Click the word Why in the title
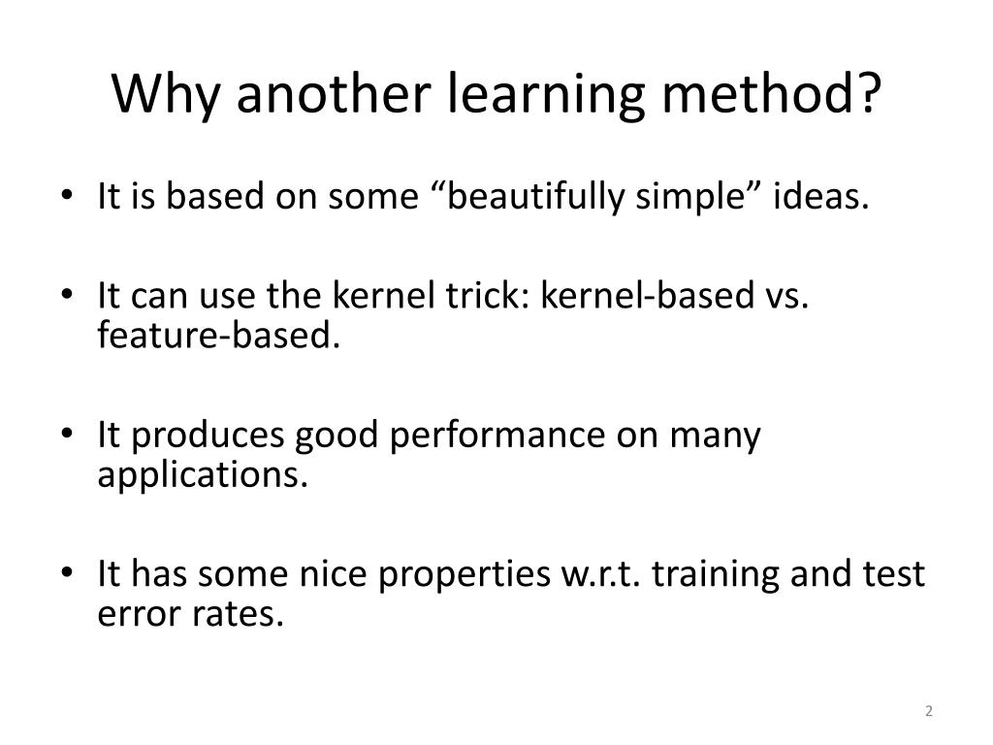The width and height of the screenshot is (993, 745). click(166, 94)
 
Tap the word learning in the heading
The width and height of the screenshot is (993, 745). click(546, 94)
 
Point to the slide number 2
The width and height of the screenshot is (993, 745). click(928, 711)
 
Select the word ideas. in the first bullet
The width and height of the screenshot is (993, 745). click(820, 196)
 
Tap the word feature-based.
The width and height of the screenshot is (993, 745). click(219, 335)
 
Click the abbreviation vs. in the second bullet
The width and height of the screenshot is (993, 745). click(787, 297)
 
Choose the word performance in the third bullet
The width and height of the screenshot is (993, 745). click(497, 437)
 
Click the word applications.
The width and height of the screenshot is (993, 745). click(203, 475)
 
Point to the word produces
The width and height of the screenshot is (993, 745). click(208, 437)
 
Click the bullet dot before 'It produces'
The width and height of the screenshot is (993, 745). click(67, 434)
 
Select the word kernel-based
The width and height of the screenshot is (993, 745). click(647, 295)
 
